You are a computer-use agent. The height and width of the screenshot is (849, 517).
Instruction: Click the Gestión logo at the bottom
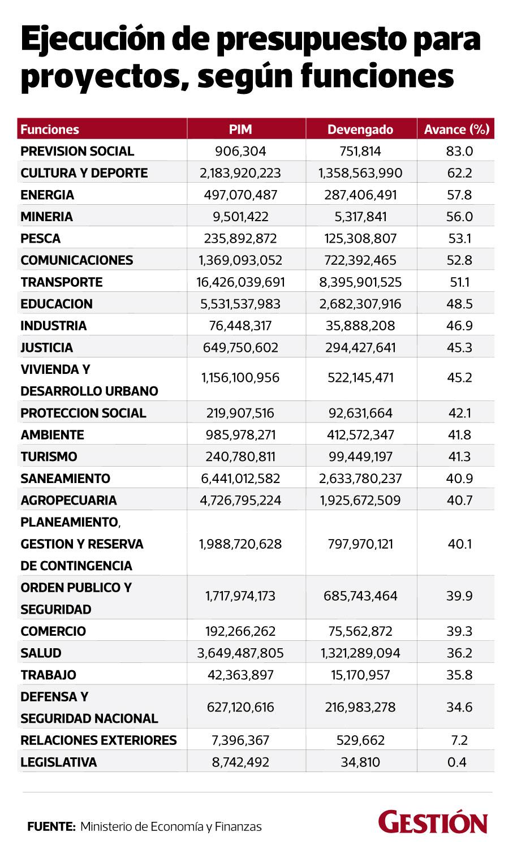(x=433, y=822)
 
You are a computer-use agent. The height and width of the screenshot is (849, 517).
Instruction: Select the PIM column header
(x=240, y=129)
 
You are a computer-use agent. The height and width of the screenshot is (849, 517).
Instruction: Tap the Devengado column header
(x=360, y=129)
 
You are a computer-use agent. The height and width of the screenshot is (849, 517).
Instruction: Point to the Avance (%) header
(x=456, y=129)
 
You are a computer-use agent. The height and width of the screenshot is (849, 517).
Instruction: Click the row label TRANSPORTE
(x=62, y=282)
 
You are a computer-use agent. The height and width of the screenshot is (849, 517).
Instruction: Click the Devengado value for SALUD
(x=360, y=653)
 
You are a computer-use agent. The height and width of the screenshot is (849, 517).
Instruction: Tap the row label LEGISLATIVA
(x=59, y=762)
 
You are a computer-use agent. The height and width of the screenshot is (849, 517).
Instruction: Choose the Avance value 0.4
(x=456, y=762)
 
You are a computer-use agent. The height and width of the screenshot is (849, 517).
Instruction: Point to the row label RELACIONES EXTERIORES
(x=98, y=740)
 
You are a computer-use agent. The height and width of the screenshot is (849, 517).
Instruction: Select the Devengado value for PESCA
(x=360, y=238)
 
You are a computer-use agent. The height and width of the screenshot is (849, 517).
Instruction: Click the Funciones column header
(x=50, y=129)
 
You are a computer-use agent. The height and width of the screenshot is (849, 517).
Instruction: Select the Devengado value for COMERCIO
(x=360, y=631)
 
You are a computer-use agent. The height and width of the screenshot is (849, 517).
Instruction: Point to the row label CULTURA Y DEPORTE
(x=84, y=173)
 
